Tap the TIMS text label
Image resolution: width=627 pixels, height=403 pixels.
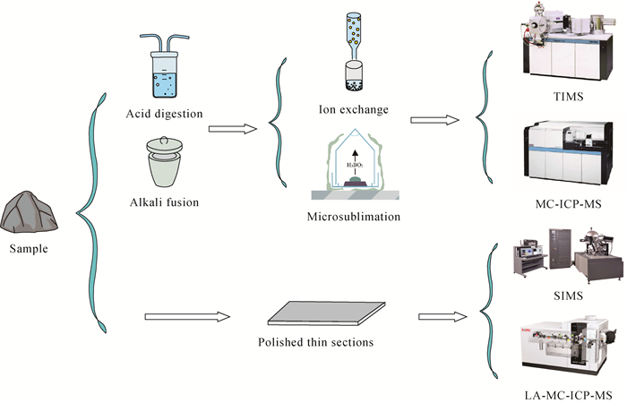563,94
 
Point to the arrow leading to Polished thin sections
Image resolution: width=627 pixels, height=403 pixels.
185,316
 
